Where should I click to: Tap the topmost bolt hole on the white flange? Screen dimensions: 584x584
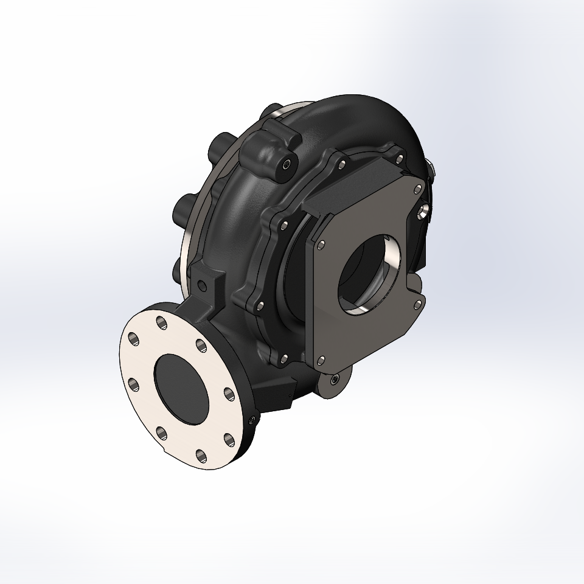(x=161, y=321)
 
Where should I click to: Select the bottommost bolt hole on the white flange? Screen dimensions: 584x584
(x=201, y=454)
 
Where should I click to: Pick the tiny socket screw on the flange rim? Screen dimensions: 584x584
(x=252, y=419)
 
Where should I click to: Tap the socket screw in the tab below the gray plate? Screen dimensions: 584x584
(x=336, y=380)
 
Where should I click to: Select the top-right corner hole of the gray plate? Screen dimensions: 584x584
(x=417, y=188)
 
